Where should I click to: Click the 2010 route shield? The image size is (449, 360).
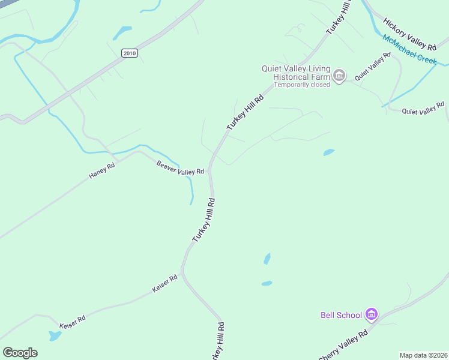pos(129,53)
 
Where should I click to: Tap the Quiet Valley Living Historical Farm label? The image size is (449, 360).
pos(296,73)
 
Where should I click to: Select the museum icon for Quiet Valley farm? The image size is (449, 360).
pos(339,76)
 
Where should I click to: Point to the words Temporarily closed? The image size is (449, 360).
pos(303,85)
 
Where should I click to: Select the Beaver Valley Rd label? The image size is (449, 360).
pos(180,167)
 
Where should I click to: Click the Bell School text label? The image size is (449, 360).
pos(341,315)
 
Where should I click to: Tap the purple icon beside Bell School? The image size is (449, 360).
pos(371,314)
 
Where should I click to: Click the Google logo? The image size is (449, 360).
pos(20,353)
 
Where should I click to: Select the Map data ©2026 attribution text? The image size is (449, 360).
pos(423,355)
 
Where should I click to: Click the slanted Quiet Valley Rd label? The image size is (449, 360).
pos(372,66)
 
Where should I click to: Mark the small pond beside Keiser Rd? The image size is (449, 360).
pos(55,336)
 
